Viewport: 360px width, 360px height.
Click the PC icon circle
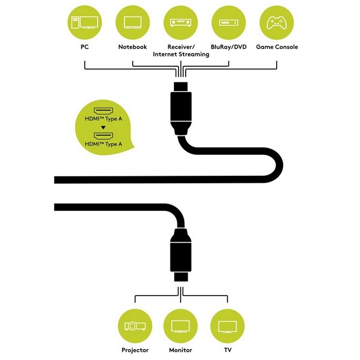85,23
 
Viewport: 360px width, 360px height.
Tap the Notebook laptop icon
133,23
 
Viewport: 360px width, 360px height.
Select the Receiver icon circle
181,23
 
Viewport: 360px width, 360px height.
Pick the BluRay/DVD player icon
228,23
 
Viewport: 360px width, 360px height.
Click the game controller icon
277,23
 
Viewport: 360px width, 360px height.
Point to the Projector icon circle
135,326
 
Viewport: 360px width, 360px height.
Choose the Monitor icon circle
181,326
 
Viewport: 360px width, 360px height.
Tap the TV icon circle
227,326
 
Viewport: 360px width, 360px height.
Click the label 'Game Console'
277,47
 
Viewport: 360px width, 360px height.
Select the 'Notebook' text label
133,47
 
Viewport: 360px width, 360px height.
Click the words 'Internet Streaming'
181,55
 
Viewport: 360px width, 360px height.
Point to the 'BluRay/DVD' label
229,47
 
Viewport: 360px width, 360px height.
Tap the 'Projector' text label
135,350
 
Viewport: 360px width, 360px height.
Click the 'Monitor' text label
181,350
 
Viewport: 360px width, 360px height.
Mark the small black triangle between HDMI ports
103,128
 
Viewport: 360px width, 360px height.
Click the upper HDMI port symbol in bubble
103,112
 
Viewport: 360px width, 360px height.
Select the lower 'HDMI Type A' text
103,144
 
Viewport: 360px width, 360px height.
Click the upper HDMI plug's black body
181,107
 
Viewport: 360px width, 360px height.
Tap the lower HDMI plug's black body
181,257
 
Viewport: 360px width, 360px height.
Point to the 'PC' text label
85,47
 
